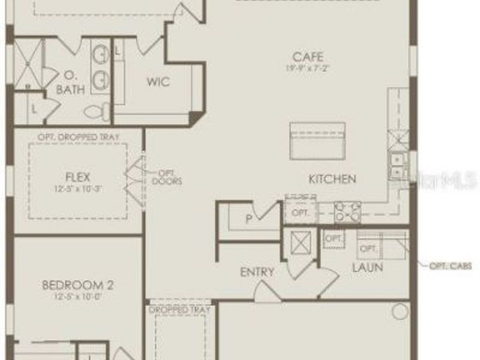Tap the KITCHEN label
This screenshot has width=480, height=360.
click(332, 179)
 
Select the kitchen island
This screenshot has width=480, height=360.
click(317, 141)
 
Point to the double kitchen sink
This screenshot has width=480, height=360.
click(397, 165)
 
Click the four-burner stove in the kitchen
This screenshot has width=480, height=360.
click(347, 212)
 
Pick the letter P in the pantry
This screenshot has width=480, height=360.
click(249, 219)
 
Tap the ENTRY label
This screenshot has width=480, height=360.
click(257, 272)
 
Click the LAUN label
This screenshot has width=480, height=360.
click(367, 268)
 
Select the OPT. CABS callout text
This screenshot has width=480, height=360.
click(451, 266)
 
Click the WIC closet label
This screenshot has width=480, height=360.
click(158, 82)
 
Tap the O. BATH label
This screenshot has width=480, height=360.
click(70, 83)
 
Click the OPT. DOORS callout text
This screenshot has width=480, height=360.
click(167, 177)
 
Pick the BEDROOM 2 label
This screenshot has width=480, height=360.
click(77, 285)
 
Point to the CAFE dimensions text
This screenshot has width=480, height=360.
click(308, 68)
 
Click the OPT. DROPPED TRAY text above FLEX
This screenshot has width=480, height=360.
click(78, 137)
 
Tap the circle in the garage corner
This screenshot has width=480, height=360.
click(400, 312)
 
